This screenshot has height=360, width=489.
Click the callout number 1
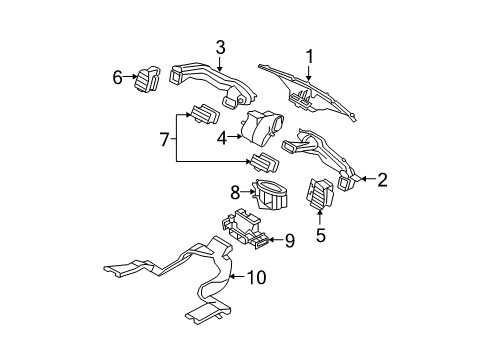pyautogui.click(x=310, y=57)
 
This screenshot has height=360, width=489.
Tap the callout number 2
pyautogui.click(x=382, y=180)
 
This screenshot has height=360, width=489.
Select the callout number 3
pyautogui.click(x=220, y=48)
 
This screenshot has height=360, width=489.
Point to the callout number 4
pyautogui.click(x=222, y=138)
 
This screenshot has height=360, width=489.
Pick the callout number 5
pyautogui.click(x=320, y=236)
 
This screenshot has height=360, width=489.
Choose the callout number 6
pyautogui.click(x=117, y=78)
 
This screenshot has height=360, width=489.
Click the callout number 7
pyautogui.click(x=165, y=139)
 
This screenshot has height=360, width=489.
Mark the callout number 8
pyautogui.click(x=235, y=192)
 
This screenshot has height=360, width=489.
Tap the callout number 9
pyautogui.click(x=290, y=240)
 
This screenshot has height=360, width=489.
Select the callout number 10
pyautogui.click(x=256, y=277)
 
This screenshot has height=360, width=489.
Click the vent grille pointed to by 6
pyautogui.click(x=147, y=79)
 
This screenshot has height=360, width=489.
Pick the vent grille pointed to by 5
pyautogui.click(x=319, y=194)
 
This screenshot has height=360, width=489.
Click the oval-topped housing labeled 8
pyautogui.click(x=270, y=194)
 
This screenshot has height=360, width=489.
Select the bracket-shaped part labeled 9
pyautogui.click(x=244, y=229)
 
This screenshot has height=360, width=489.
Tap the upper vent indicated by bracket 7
pyautogui.click(x=205, y=114)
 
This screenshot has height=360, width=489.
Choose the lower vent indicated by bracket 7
pyautogui.click(x=265, y=163)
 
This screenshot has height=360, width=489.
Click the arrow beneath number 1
pyautogui.click(x=309, y=73)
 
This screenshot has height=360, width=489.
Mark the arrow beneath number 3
pyautogui.click(x=219, y=63)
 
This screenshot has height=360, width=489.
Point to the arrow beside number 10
pyautogui.click(x=238, y=277)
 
